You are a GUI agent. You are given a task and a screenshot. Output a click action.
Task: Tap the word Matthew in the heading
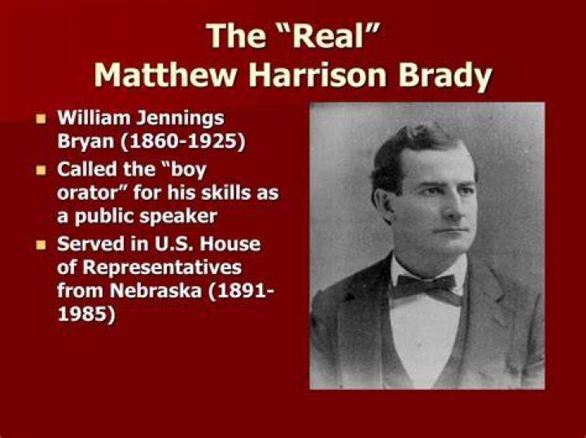[x=166, y=75]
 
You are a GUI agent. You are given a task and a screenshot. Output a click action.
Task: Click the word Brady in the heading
[x=444, y=77]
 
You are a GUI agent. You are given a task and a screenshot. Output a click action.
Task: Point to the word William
[x=94, y=118]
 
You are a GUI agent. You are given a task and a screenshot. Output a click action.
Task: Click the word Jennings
[x=180, y=119]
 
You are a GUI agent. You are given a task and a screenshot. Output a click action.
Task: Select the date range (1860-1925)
[x=182, y=141]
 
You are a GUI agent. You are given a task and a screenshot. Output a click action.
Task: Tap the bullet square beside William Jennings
[x=41, y=119]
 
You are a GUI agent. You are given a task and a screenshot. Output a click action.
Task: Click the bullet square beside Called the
[x=41, y=171]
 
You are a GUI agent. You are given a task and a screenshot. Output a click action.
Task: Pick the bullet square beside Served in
[x=41, y=245]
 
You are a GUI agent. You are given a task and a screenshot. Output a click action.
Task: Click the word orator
[x=92, y=193]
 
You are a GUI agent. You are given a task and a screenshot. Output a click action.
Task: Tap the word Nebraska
[x=155, y=290]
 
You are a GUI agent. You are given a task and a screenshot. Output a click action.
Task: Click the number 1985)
[x=87, y=314]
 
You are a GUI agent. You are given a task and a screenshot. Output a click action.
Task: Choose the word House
[x=230, y=244]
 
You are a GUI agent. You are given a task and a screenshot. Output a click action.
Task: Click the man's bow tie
[x=426, y=288]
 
